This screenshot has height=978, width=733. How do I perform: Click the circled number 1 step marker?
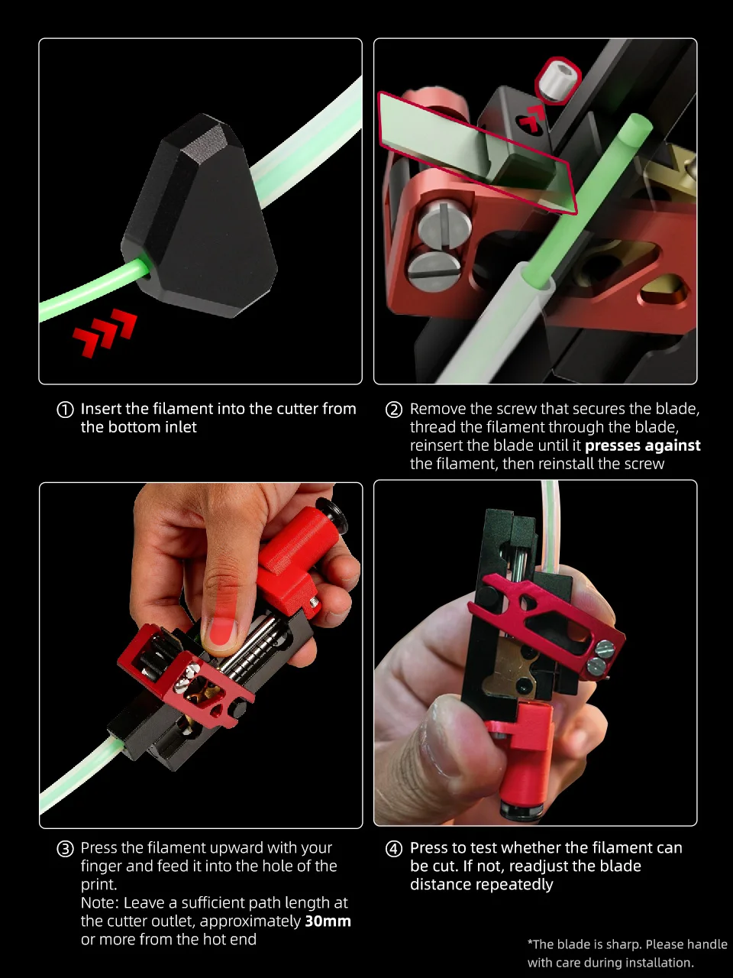(65, 410)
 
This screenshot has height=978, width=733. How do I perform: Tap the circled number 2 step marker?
(393, 410)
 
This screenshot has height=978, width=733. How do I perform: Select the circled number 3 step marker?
(65, 849)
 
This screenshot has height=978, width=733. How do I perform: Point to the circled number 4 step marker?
(393, 849)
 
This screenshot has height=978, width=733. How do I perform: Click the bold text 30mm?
(328, 921)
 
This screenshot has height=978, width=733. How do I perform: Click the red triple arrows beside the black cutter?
(105, 332)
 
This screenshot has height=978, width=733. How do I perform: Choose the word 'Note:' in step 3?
(100, 902)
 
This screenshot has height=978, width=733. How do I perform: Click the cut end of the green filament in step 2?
(640, 121)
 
